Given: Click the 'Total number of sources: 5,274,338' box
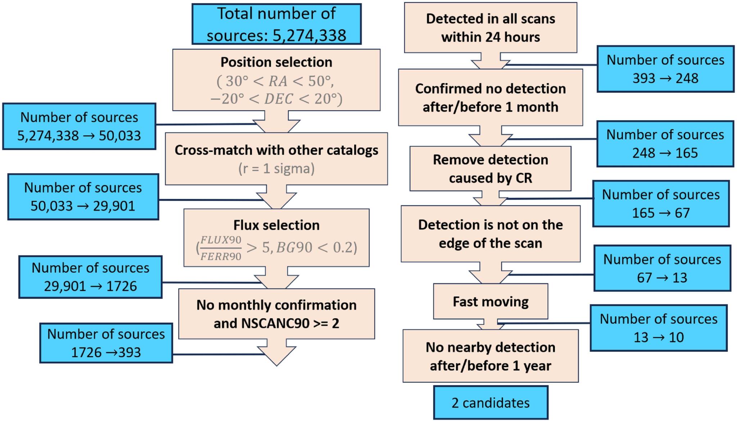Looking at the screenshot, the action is click(x=276, y=24).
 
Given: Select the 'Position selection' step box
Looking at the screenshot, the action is click(x=276, y=80).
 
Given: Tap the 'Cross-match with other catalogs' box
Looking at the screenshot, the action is click(x=276, y=159).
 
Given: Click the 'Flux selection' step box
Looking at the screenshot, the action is click(x=276, y=238).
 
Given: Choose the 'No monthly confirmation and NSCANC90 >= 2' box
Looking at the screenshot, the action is click(x=276, y=314).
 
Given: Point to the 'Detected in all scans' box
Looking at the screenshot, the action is click(x=490, y=28).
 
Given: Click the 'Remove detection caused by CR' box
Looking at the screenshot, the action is click(x=490, y=169).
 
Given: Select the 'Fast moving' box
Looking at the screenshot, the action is click(x=490, y=301).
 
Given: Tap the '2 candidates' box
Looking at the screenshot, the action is click(x=491, y=403).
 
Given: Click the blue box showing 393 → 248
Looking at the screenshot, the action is click(x=665, y=69).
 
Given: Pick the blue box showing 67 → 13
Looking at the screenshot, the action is click(x=662, y=268).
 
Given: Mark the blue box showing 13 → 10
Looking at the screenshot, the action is click(x=659, y=328).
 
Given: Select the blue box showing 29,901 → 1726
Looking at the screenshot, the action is click(x=90, y=277).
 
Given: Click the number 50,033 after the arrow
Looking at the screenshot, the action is click(x=120, y=136).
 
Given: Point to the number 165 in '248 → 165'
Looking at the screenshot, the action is click(x=687, y=153).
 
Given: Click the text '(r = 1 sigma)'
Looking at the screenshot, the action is click(x=276, y=169).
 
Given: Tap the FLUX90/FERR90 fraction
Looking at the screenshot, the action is click(x=221, y=248).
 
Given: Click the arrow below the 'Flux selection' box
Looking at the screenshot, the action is click(x=276, y=278).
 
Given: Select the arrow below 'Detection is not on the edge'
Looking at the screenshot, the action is click(x=490, y=273).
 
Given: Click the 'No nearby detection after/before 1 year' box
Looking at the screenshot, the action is click(x=490, y=356).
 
